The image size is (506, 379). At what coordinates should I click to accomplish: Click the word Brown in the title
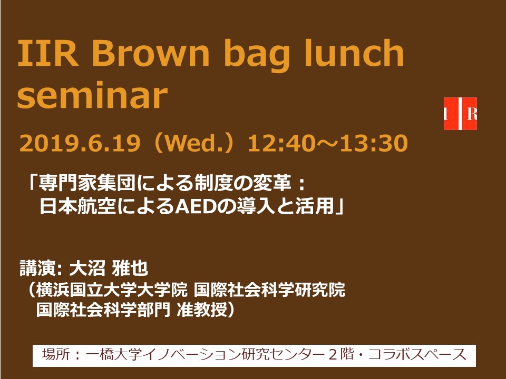(151, 53)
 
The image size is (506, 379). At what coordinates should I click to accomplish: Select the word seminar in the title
(92, 96)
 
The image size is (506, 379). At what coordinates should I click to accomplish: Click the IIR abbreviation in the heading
(48, 53)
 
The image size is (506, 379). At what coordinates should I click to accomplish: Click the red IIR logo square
(460, 114)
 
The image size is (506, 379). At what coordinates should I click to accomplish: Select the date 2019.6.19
(80, 143)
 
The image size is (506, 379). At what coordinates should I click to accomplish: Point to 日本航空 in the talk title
(78, 206)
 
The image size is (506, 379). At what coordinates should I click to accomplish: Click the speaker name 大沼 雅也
(109, 268)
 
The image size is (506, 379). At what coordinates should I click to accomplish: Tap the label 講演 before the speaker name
(38, 268)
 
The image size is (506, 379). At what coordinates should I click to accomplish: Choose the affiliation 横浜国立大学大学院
(111, 290)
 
